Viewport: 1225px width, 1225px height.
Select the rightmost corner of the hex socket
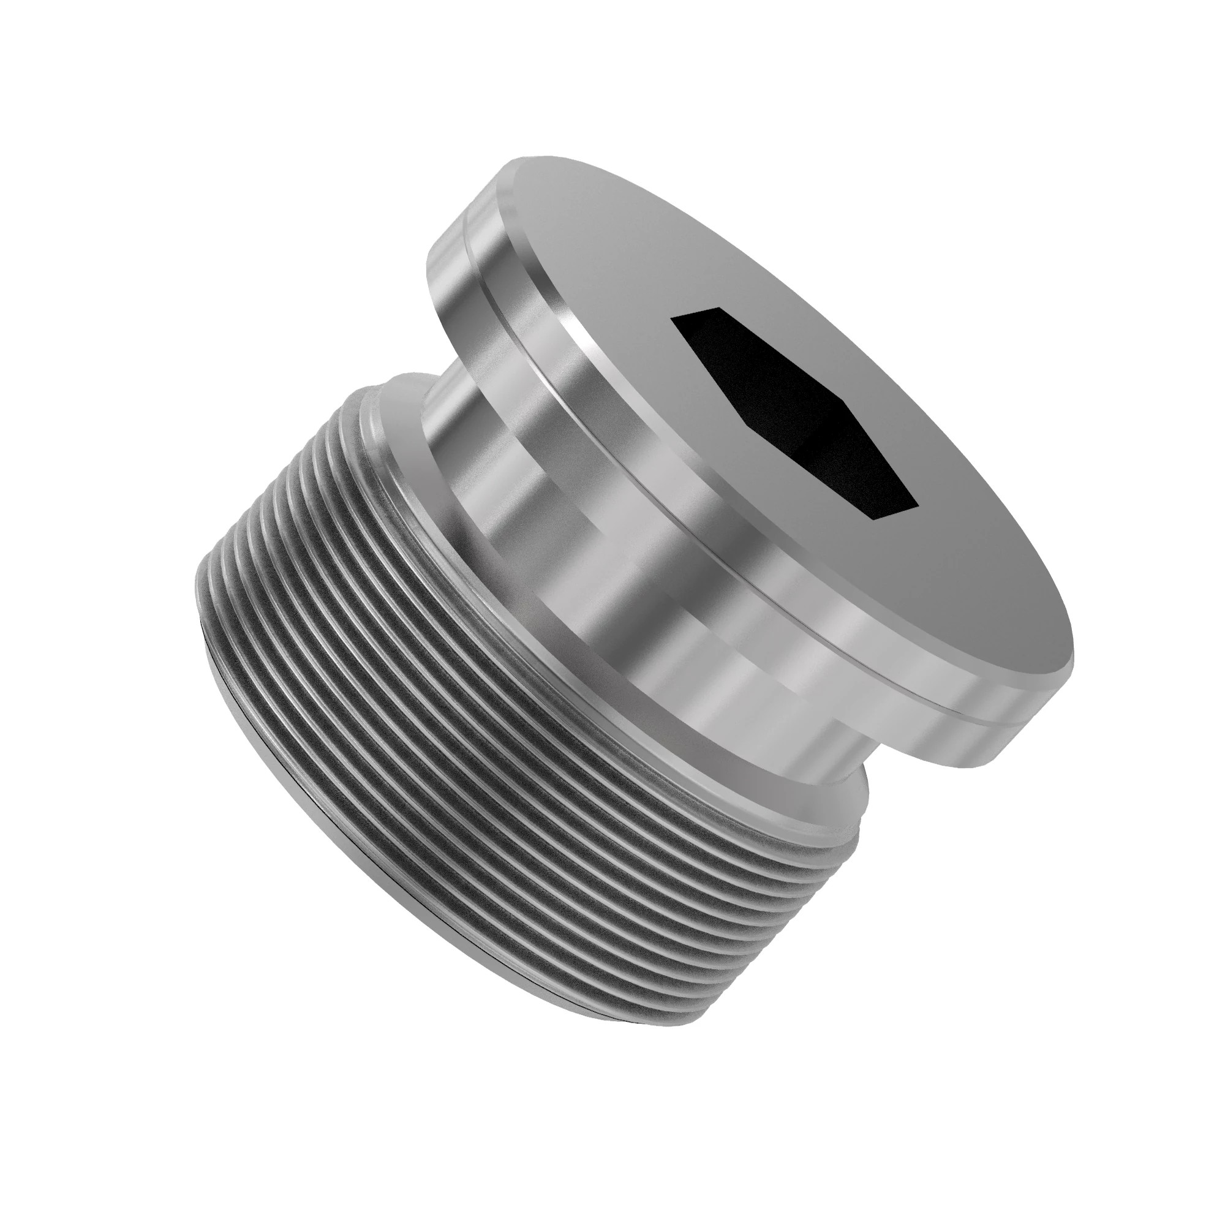tap(919, 506)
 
